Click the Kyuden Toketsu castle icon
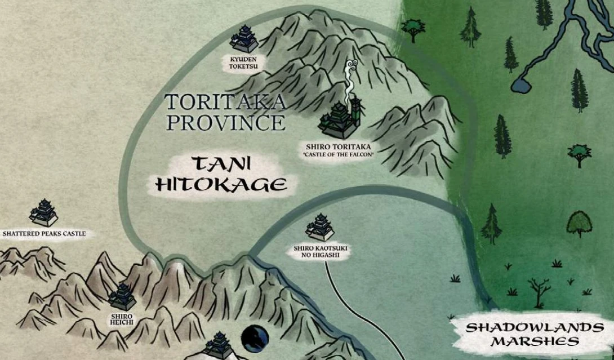tap(244, 39)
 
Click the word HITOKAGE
tap(220, 184)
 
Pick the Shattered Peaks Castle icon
tap(44, 212)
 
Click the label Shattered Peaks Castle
tap(45, 233)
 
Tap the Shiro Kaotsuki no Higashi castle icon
tap(320, 228)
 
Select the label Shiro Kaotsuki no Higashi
tap(319, 252)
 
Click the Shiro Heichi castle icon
tap(122, 296)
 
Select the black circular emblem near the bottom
tap(251, 339)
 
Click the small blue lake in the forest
tap(519, 86)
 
